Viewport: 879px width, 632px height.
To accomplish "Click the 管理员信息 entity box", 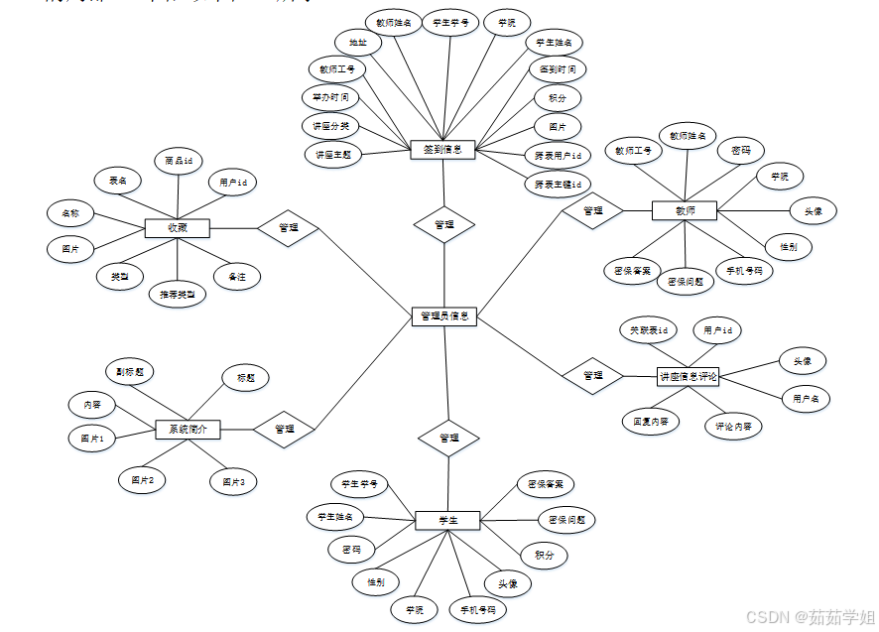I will [444, 316].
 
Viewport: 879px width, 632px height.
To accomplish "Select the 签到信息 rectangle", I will [442, 150].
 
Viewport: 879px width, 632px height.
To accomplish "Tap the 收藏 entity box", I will [177, 228].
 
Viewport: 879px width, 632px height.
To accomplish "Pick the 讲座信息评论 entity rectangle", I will [689, 376].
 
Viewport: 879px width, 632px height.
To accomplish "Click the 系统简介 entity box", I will [188, 430].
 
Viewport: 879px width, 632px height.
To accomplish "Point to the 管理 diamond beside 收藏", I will [288, 228].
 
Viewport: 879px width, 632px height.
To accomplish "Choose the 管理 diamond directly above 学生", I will [448, 438].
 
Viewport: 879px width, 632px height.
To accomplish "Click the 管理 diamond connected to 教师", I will [592, 210].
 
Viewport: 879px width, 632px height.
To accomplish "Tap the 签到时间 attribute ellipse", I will [557, 69].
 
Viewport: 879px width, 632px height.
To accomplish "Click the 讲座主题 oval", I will [332, 155].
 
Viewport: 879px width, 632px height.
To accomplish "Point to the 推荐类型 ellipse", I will [177, 295].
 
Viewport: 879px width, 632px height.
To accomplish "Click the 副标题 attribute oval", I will [129, 372].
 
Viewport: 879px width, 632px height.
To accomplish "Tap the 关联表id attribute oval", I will [649, 329].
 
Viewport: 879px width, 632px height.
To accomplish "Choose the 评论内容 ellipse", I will [733, 428].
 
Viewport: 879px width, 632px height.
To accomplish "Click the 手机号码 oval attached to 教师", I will [743, 271].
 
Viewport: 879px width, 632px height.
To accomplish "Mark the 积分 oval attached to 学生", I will [544, 556].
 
